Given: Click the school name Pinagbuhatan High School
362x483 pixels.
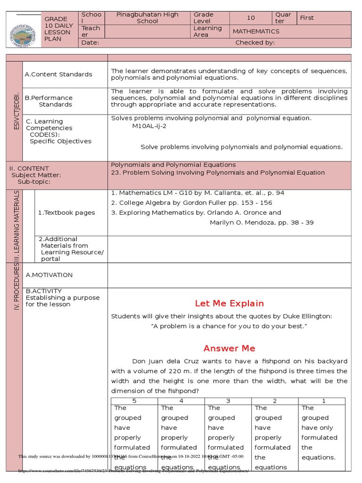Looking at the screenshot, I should point(148,18).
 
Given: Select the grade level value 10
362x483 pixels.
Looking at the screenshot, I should point(251,18).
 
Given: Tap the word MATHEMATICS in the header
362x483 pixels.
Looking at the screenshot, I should point(255,32).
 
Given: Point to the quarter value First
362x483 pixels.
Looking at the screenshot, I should point(307,18).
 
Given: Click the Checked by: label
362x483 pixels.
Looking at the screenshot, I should point(255,43).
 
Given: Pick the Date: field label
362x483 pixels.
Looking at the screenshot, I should point(90,43).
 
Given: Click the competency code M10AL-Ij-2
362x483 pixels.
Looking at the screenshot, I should point(149,126).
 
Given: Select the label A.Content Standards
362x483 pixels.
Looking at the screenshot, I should point(58,75).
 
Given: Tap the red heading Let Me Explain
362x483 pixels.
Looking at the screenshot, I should point(229,303).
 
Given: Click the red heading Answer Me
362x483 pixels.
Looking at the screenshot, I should point(229,349).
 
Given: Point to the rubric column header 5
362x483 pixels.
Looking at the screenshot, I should point(134,401).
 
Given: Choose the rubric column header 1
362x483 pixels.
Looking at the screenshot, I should point(324,401).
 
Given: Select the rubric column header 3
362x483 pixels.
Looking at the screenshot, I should point(228,401).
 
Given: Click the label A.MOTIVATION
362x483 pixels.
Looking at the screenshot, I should point(49,275).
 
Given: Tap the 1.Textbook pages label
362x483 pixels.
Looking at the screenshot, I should point(66,213).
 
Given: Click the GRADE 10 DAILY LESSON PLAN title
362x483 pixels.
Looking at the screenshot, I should point(59,29).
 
